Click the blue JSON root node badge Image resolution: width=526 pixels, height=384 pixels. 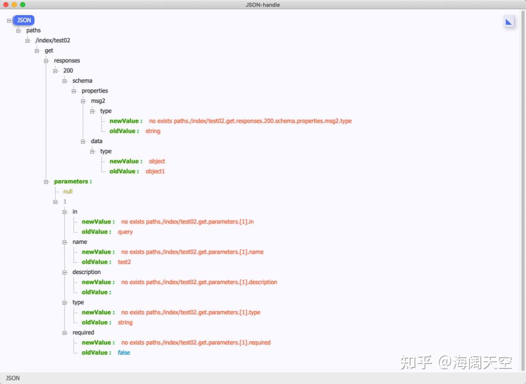tap(24, 20)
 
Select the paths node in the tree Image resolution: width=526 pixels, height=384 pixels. tap(34, 30)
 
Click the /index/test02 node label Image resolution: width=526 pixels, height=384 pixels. tap(53, 40)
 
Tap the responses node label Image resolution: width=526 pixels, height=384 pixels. tap(67, 60)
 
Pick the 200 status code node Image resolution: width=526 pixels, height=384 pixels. tap(68, 71)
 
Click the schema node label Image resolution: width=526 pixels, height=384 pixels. tap(82, 81)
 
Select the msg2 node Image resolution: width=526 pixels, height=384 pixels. tap(98, 101)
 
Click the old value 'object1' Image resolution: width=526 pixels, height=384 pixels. tap(155, 171)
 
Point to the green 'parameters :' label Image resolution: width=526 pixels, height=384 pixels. tap(73, 182)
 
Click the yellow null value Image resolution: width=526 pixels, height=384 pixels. tap(68, 191)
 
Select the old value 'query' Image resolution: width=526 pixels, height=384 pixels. tap(125, 232)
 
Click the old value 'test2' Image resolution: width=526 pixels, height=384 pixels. tap(124, 262)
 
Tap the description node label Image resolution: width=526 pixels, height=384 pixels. tap(87, 272)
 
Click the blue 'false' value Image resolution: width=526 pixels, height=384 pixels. tap(124, 352)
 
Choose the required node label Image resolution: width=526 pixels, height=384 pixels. tap(83, 332)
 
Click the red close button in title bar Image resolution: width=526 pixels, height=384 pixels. tap(6, 4)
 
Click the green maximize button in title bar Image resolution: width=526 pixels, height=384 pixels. tap(22, 4)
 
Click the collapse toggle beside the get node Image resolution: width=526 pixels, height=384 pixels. tap(37, 51)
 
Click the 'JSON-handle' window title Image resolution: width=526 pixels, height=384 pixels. tap(263, 5)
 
